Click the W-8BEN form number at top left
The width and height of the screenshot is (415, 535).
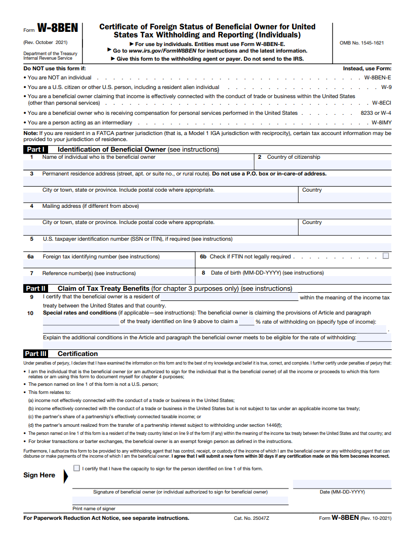58,29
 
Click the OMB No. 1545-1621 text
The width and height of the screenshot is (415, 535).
361,43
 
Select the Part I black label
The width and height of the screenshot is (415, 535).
35,150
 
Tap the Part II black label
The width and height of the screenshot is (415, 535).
35,289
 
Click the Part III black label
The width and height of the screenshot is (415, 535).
36,354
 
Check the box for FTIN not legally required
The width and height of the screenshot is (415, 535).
386,256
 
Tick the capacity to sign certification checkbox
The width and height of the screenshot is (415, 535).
76,468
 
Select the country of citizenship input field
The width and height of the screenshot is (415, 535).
322,165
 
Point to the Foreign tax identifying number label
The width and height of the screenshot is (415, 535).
101,257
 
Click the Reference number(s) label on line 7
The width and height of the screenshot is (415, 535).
89,273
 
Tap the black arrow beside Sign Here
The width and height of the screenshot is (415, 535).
66,476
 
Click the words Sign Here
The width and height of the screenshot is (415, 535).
39,475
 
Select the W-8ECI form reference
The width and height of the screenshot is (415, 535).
381,103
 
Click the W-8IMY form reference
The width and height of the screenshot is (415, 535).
381,123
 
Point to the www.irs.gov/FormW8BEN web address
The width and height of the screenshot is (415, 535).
162,51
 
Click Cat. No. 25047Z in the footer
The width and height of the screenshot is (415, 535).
252,518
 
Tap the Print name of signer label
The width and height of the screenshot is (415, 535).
94,509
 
